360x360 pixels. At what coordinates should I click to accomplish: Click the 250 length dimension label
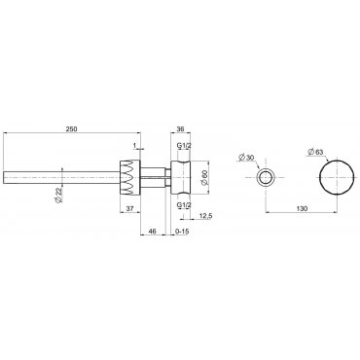pyautogui.click(x=71, y=129)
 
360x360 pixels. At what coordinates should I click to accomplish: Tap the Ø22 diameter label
pyautogui.click(x=58, y=196)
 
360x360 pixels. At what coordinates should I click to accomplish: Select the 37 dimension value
pyautogui.click(x=129, y=209)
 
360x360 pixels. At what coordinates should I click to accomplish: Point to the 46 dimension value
pyautogui.click(x=152, y=231)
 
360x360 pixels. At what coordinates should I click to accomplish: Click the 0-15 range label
pyautogui.click(x=182, y=231)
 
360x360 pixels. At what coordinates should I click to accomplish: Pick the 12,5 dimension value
pyautogui.click(x=204, y=216)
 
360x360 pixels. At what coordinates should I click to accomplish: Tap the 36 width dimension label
pyautogui.click(x=181, y=129)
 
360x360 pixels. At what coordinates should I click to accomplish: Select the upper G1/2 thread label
pyautogui.click(x=184, y=146)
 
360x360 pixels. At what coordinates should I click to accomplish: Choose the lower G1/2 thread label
pyautogui.click(x=184, y=204)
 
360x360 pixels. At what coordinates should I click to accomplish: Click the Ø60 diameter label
pyautogui.click(x=204, y=177)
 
